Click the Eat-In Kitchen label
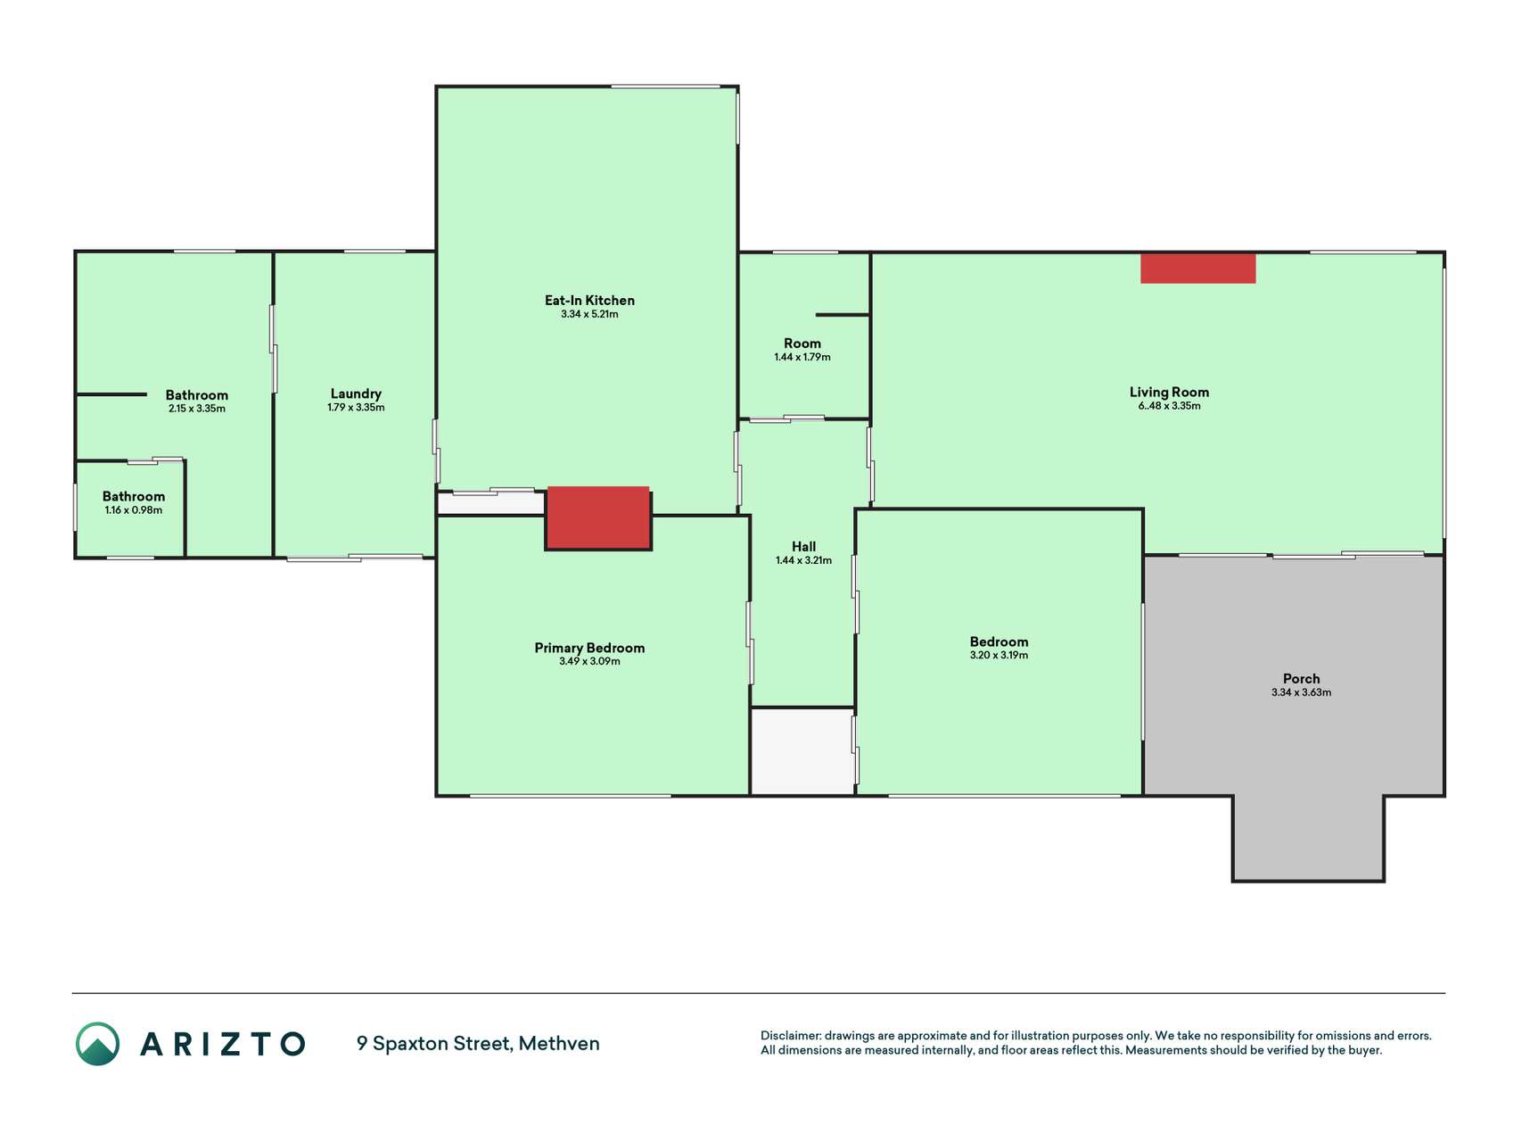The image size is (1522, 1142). tap(589, 301)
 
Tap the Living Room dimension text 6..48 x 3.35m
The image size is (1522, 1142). tap(1169, 406)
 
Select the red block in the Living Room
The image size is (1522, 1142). tap(1197, 269)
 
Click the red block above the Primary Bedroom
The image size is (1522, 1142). tap(597, 517)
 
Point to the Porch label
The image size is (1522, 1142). tap(1301, 679)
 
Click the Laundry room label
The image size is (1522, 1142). tap(356, 393)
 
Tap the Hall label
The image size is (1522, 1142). tap(803, 547)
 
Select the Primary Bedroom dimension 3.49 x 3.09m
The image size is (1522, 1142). tap(589, 662)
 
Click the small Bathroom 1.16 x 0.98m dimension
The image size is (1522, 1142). tap(134, 510)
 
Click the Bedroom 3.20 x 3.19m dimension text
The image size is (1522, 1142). tap(999, 656)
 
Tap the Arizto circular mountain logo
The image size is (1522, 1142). tap(97, 1044)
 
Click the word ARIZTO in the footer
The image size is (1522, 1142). tap(223, 1044)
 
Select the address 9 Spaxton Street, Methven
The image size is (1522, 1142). tap(478, 1044)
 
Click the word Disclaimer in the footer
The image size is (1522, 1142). tap(790, 1036)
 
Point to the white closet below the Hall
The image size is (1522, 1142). tap(802, 751)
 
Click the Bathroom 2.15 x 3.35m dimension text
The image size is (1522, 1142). tap(197, 410)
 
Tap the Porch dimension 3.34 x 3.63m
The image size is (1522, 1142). tap(1301, 693)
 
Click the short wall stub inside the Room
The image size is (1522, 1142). tap(843, 315)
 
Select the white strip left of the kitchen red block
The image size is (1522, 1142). tap(491, 503)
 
